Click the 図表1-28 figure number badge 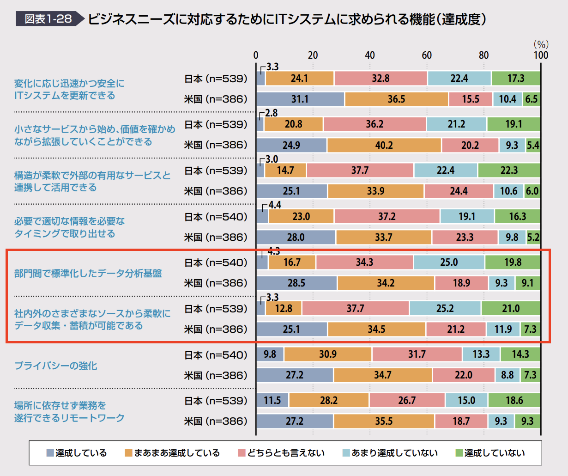[x=48, y=19]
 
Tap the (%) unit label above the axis [x=541, y=44]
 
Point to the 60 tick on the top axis [x=427, y=55]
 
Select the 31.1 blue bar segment [x=300, y=99]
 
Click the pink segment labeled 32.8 [x=381, y=79]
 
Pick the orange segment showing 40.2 [x=384, y=145]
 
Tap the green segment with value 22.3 [x=509, y=171]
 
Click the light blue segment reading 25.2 [x=445, y=309]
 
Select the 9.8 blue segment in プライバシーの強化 [x=270, y=354]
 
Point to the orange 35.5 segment [x=384, y=421]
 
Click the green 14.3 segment [x=520, y=354]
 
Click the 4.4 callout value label [x=275, y=205]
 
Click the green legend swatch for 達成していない [x=459, y=453]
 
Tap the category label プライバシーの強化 [x=56, y=366]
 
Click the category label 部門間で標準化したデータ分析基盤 [x=88, y=273]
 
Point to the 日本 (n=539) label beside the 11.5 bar [x=216, y=401]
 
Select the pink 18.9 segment [x=461, y=283]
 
